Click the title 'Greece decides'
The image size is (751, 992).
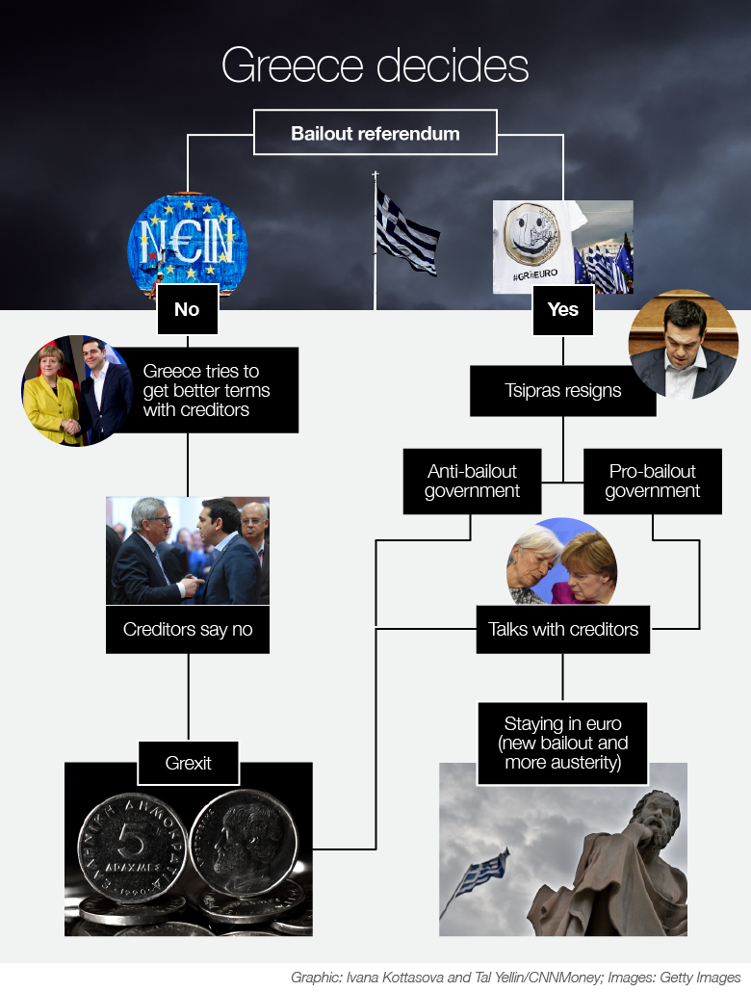click(x=375, y=66)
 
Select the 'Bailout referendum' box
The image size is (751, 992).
click(x=375, y=133)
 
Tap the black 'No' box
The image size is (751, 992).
click(x=187, y=310)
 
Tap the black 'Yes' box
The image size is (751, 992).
click(x=562, y=310)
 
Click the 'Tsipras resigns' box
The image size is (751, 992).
click(x=562, y=391)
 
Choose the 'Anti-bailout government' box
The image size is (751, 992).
click(x=472, y=481)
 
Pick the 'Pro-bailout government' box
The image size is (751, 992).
click(x=652, y=481)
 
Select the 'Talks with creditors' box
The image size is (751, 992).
click(x=562, y=630)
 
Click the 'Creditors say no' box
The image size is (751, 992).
click(x=188, y=630)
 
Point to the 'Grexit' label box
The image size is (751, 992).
click(x=188, y=764)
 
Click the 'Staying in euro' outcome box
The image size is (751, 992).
click(x=562, y=744)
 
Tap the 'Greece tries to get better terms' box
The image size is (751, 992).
click(x=207, y=390)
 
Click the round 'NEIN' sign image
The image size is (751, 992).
click(x=187, y=241)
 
